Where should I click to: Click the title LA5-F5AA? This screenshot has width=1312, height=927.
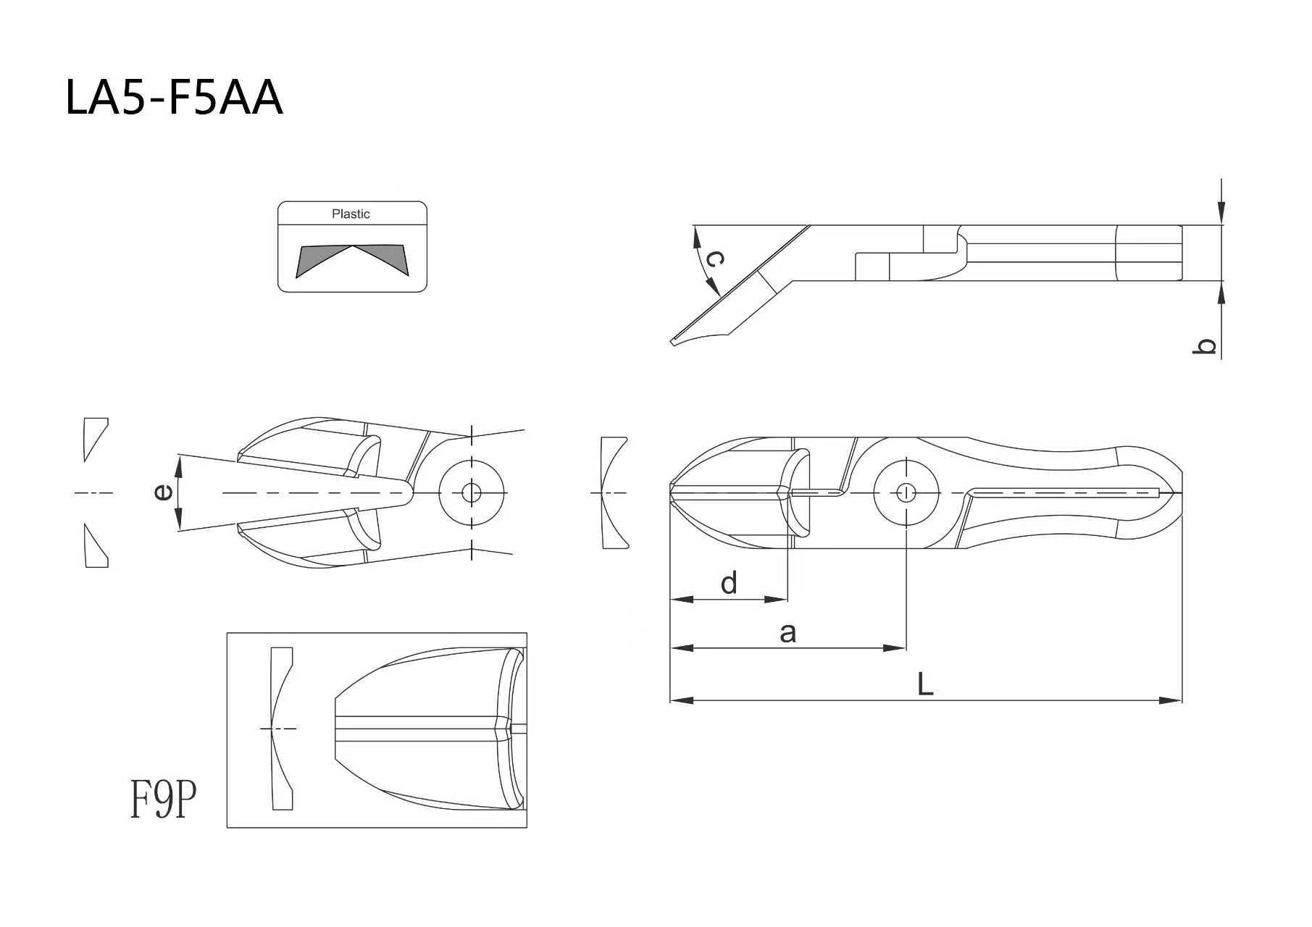[174, 98]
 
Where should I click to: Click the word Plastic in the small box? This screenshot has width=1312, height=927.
[351, 214]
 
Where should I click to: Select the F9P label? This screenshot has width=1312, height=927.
[164, 799]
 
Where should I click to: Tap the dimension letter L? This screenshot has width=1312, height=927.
[925, 684]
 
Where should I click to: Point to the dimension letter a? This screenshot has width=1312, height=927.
[788, 633]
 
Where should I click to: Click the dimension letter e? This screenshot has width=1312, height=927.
[164, 492]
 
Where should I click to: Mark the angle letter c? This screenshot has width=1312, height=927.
[714, 259]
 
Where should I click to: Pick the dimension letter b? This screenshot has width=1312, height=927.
[1203, 347]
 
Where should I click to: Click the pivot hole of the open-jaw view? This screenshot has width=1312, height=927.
[472, 492]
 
